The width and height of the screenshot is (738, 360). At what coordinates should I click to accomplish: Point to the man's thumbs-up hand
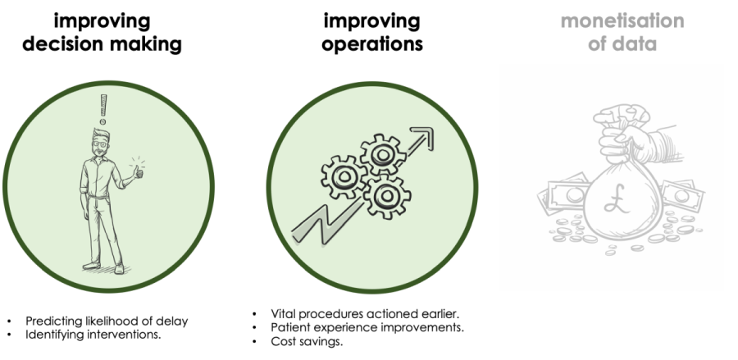point(138,173)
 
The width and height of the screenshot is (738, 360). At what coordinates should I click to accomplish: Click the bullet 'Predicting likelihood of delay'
point(106,321)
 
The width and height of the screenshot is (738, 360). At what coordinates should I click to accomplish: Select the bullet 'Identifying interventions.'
point(91,334)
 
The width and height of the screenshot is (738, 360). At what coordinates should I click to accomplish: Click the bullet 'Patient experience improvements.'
point(367,327)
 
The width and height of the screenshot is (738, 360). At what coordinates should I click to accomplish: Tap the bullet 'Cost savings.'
point(307,341)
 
